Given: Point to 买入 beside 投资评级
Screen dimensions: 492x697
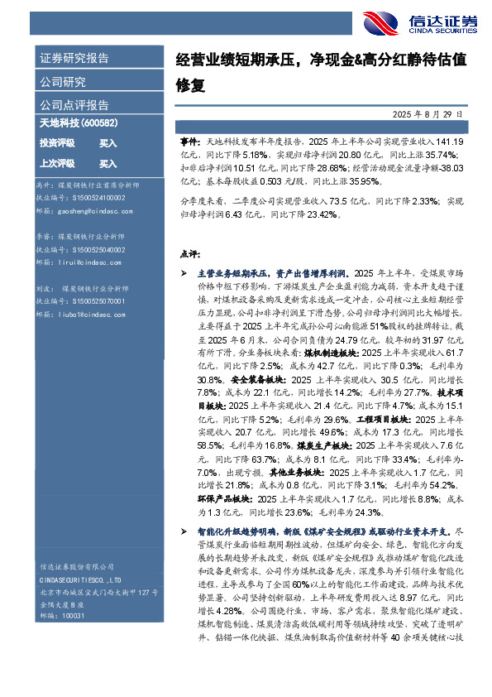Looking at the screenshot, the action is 108,143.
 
